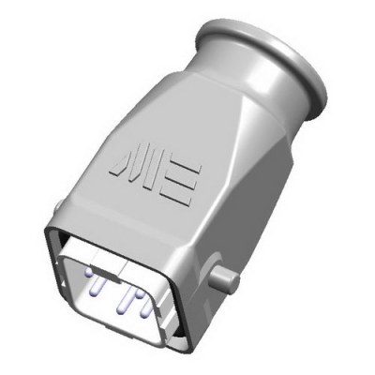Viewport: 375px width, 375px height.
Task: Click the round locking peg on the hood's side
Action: tap(226, 277)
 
